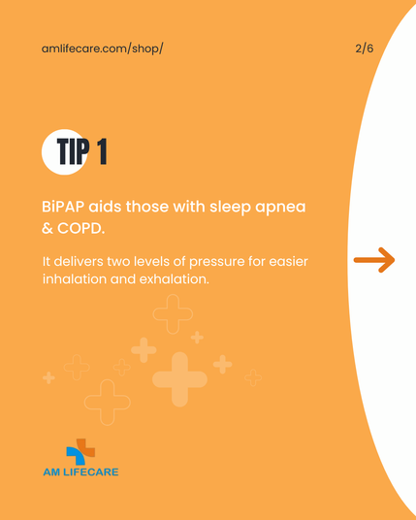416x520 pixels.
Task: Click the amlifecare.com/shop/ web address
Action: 102,49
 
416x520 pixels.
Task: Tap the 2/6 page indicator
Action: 365,49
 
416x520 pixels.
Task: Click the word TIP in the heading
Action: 74,151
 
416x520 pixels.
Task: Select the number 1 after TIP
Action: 102,151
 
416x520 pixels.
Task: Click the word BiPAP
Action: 63,207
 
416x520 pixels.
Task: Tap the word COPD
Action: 80,229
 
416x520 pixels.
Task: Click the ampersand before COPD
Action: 48,229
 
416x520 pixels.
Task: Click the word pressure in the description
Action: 217,262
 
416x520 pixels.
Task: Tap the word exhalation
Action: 174,278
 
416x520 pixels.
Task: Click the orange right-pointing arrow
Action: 374,260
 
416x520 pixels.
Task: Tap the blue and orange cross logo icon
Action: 80,451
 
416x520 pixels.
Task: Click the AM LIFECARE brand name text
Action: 80,471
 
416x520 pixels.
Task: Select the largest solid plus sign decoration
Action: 179,379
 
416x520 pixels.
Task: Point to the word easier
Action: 288,261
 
